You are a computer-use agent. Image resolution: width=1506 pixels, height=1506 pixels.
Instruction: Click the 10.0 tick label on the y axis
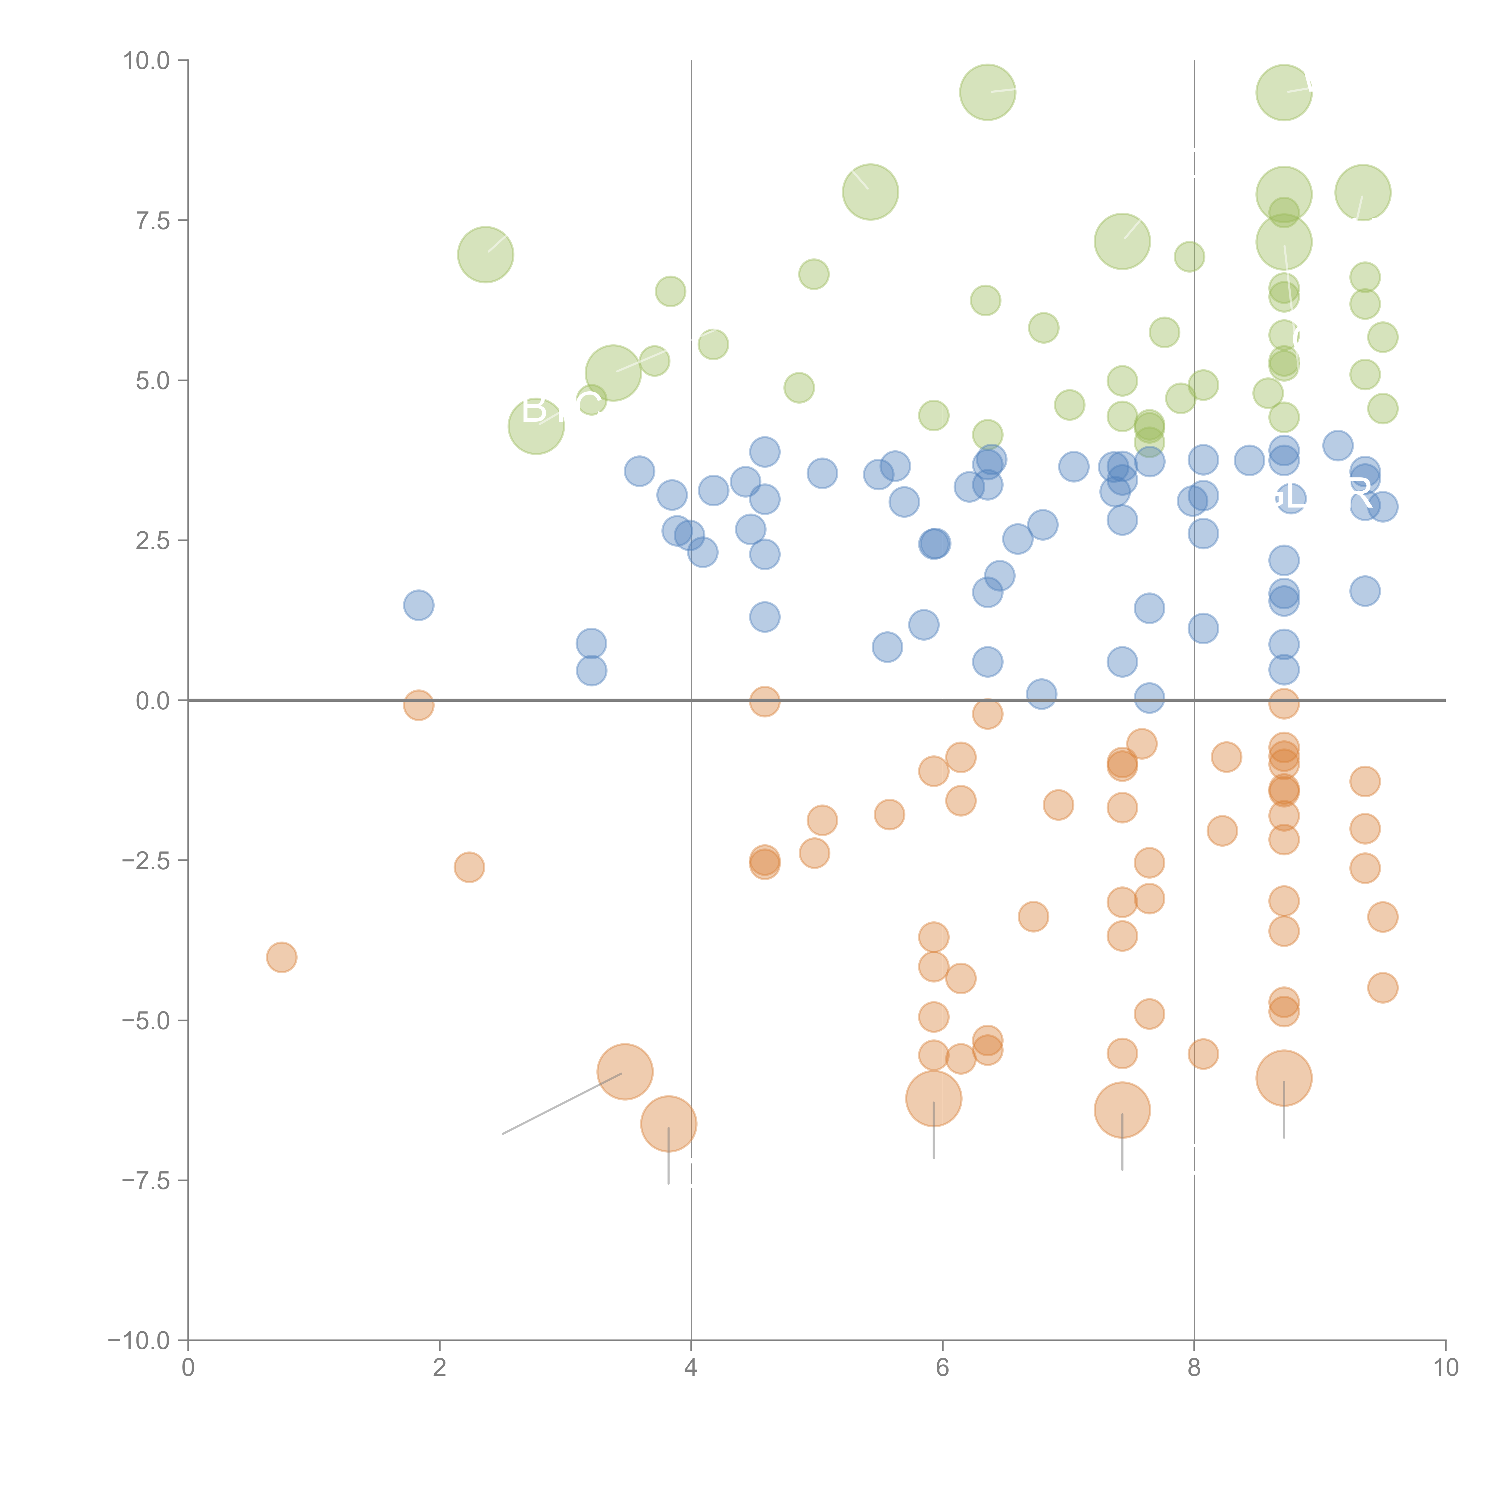[x=147, y=61]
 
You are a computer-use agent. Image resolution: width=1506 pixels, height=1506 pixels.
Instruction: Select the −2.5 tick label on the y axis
[x=147, y=861]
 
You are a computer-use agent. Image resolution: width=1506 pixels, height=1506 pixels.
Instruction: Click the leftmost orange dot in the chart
[x=281, y=957]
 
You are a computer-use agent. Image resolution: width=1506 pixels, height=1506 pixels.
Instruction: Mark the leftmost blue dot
[x=419, y=605]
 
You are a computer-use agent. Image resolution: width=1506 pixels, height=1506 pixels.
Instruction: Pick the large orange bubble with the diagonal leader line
[x=624, y=1072]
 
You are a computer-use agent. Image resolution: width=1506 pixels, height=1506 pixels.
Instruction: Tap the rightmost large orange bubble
[x=1284, y=1078]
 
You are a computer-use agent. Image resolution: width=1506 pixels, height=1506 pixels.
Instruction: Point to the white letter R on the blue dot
[x=1360, y=493]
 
